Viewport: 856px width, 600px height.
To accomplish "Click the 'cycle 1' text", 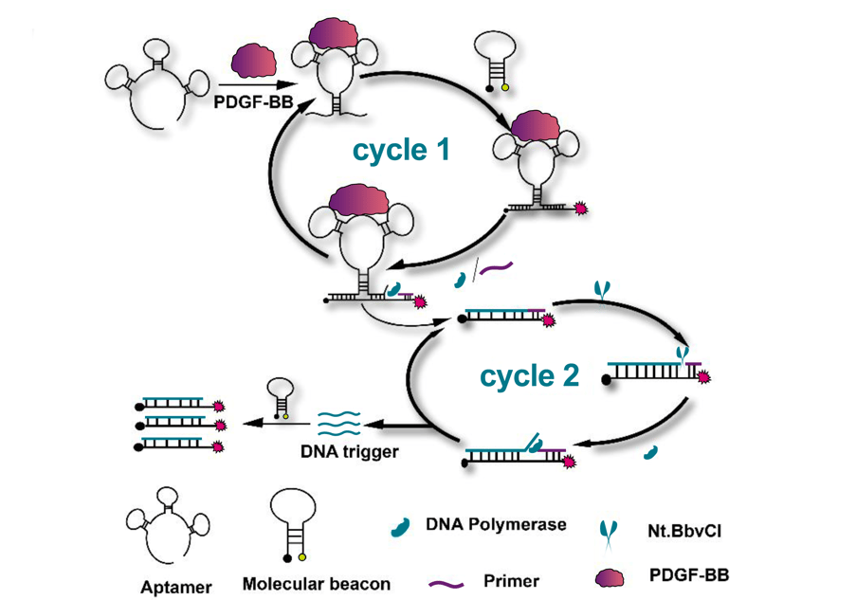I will (401, 150).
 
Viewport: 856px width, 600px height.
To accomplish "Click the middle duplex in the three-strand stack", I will (180, 424).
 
